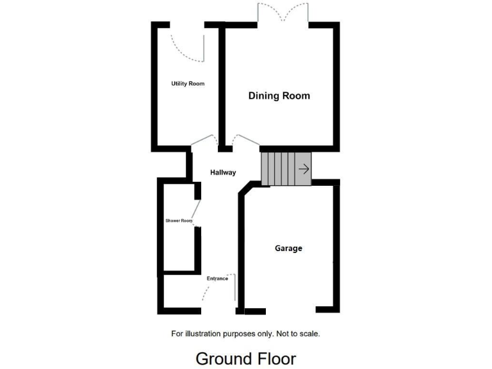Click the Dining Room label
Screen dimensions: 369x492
click(x=279, y=96)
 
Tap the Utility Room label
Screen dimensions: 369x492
click(x=187, y=84)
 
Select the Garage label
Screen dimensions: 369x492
click(x=288, y=249)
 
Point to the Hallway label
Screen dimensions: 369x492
click(x=223, y=172)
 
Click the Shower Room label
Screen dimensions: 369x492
click(x=179, y=221)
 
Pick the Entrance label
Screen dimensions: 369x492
click(x=217, y=279)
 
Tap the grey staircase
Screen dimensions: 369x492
click(x=285, y=169)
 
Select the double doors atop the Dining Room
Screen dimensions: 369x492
click(x=284, y=13)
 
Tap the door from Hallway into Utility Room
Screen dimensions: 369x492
click(x=204, y=140)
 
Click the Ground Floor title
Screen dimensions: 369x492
click(x=245, y=357)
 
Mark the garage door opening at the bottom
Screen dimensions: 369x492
click(x=290, y=311)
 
